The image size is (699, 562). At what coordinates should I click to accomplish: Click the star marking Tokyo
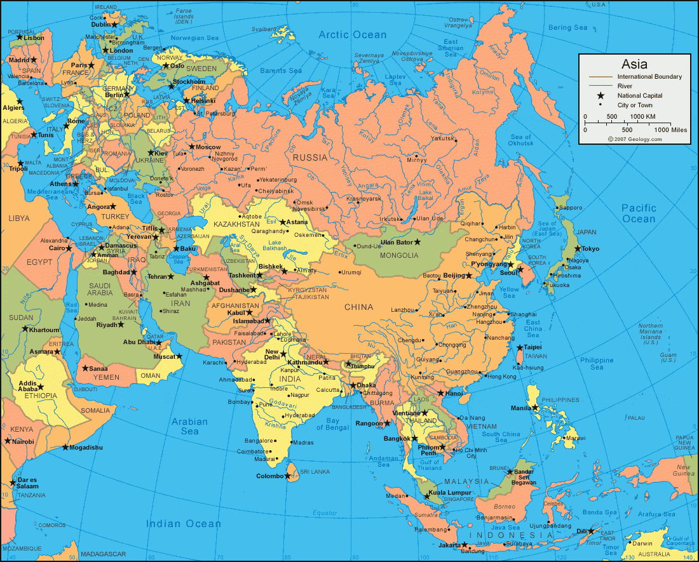click(x=578, y=248)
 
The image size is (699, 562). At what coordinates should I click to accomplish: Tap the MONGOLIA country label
click(x=399, y=255)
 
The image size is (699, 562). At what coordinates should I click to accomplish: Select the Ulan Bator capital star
click(x=417, y=242)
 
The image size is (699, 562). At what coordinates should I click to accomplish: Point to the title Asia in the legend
click(x=634, y=64)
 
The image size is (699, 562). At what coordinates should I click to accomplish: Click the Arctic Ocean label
click(x=353, y=35)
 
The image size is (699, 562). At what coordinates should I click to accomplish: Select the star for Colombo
click(x=288, y=476)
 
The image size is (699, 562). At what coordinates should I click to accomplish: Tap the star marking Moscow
click(x=191, y=147)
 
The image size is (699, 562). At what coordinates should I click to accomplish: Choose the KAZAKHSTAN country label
click(x=237, y=225)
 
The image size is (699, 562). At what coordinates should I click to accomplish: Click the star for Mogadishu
click(x=65, y=448)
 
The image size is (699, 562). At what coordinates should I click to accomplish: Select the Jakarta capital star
click(x=465, y=545)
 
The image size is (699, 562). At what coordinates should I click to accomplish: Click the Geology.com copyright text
click(x=634, y=138)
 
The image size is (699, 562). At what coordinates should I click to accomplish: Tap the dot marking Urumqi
click(x=336, y=272)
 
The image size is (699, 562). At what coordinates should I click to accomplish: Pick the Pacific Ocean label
click(x=639, y=213)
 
